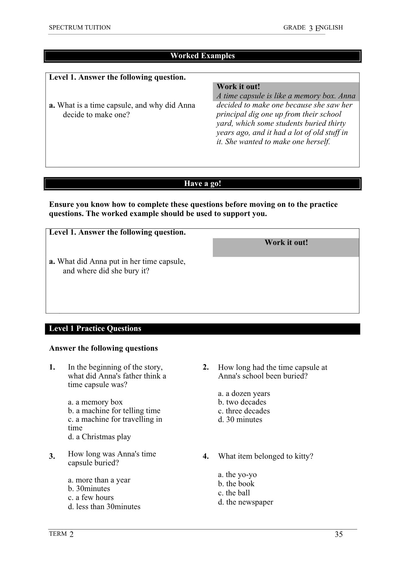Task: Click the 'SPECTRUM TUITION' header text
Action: (x=80, y=28)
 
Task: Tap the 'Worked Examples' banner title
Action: (x=202, y=56)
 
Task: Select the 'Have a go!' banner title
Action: (x=202, y=183)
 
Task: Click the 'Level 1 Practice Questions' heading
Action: (x=95, y=328)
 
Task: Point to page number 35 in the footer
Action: (x=339, y=534)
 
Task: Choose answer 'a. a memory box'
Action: (x=95, y=402)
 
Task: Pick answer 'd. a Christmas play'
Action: (x=99, y=437)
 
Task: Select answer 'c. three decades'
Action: (x=244, y=411)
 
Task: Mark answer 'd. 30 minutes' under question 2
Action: (x=240, y=419)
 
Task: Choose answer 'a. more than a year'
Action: (x=99, y=480)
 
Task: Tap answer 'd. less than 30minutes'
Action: (x=104, y=507)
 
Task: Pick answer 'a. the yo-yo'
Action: (x=237, y=474)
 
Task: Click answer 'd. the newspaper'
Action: (x=245, y=502)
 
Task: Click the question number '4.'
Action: (x=206, y=456)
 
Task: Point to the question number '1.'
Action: (x=52, y=367)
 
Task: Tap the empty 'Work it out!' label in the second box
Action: (x=286, y=243)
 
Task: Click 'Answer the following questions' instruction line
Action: (x=103, y=348)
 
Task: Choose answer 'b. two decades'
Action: (x=242, y=402)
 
